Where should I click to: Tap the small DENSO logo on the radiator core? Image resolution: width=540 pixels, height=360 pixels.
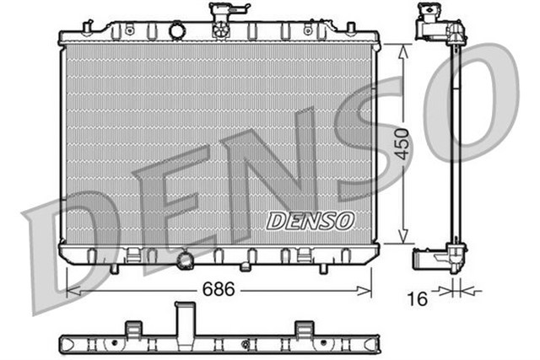tap(310, 220)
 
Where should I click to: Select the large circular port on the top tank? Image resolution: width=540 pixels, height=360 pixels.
tap(176, 31)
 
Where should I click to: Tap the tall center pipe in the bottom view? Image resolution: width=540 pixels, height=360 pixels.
tap(185, 320)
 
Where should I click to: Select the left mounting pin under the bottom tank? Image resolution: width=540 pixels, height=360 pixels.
tap(114, 269)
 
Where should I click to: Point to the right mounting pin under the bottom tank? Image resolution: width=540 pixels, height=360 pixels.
tap(323, 269)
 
